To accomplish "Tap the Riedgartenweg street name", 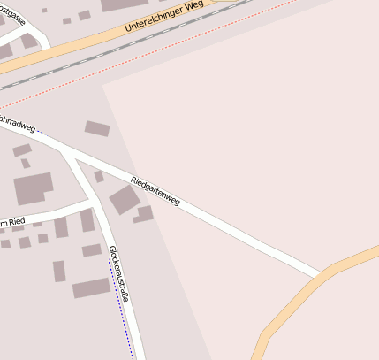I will [x=155, y=190].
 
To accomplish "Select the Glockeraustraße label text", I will [x=118, y=274].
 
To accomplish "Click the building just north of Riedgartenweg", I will [x=97, y=128].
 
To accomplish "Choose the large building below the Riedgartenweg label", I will [x=124, y=200].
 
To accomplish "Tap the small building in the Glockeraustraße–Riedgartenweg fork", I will [x=99, y=177].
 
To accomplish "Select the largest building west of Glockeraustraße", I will [x=34, y=188].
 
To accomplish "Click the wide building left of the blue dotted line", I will [x=91, y=287].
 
